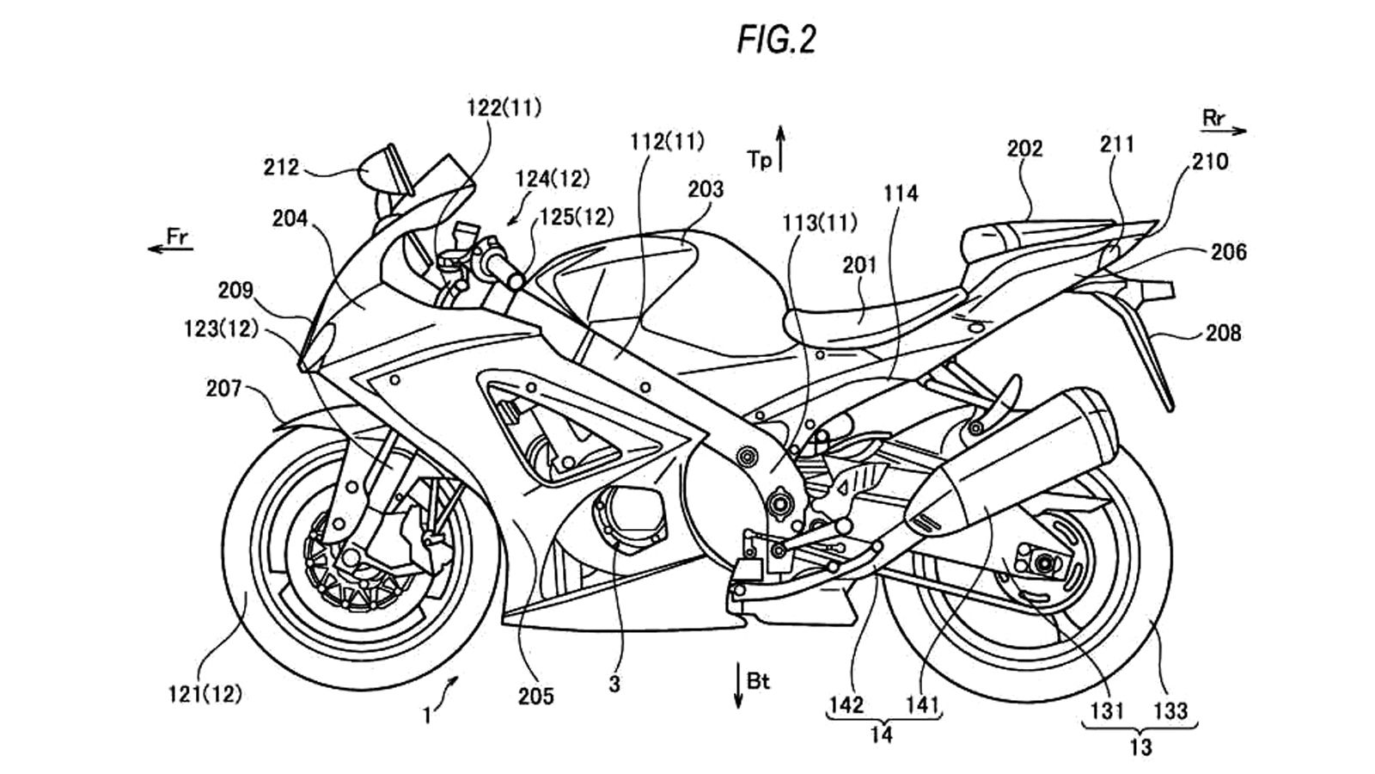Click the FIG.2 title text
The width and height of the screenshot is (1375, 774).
coord(776,40)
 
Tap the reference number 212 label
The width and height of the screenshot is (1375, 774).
coord(281,167)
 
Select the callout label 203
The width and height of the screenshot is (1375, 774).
coord(706,189)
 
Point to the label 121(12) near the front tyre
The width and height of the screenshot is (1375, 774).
coord(205,693)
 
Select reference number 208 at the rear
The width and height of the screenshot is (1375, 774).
coord(1223,333)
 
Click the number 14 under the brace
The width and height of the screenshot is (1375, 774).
coord(881,734)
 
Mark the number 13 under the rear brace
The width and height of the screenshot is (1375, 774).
coord(1140,746)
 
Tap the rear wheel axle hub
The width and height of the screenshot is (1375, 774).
coord(1043,563)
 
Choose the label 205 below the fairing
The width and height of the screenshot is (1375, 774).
coord(535,696)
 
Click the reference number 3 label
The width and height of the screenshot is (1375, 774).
coord(614,685)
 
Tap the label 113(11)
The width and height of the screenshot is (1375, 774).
coord(819,224)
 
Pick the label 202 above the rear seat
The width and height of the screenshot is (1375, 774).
coord(1024,149)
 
